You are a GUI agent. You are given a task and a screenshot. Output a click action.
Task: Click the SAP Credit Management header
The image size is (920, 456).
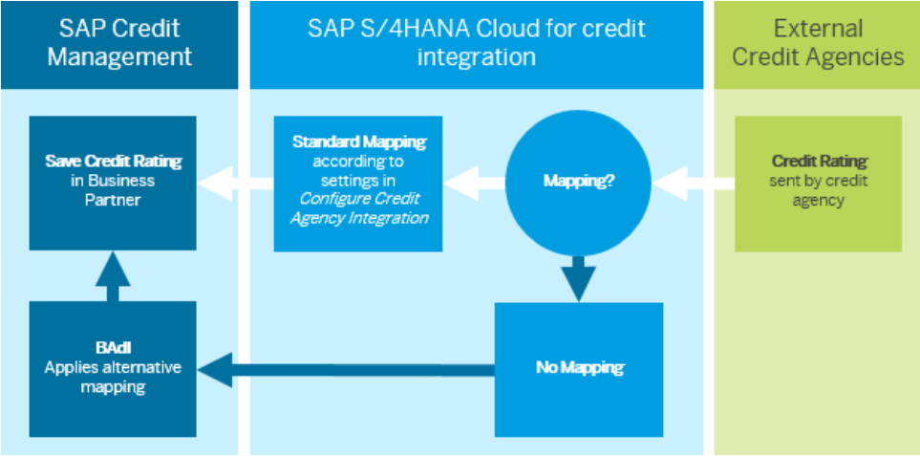pos(118,43)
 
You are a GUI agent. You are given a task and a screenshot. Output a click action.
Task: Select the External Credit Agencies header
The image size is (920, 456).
pos(817,43)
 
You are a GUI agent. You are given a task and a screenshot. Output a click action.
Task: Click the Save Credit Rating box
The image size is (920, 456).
pos(112,182)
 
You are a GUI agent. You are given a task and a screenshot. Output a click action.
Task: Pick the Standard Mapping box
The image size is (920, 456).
pos(358,182)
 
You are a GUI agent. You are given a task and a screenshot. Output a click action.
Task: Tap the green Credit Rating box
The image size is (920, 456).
pos(819,182)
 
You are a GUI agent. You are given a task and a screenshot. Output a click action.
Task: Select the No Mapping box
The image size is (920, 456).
pos(578,368)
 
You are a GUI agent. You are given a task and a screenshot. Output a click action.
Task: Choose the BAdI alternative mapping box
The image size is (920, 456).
pos(112,368)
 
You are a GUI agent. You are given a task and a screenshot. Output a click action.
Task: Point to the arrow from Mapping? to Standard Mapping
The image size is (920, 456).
pos(474,180)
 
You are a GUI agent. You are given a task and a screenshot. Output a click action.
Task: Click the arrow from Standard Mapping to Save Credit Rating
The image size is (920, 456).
pos(234,180)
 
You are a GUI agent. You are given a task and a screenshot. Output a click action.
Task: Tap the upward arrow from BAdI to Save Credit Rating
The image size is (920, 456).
pos(113,277)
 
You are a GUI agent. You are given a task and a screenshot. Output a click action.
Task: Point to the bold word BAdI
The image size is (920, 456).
pos(112,349)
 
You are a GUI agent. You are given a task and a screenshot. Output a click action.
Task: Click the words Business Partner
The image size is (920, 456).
pos(112,189)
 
